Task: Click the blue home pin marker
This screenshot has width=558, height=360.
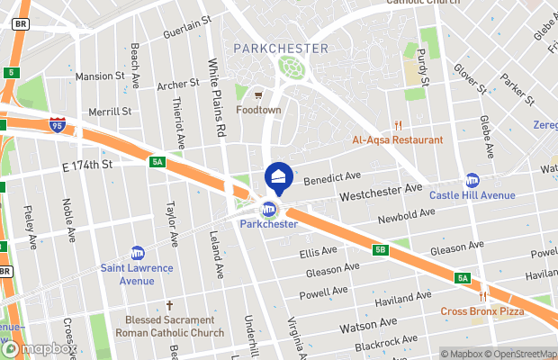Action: pos(278,176)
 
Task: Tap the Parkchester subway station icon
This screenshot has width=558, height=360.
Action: pos(268,210)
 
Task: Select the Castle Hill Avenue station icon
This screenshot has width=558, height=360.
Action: pos(472,180)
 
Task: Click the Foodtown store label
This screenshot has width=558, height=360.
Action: pos(258,110)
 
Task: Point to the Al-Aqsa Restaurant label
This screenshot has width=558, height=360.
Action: pos(397,139)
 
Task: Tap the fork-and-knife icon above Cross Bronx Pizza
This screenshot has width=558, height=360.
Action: pos(484,296)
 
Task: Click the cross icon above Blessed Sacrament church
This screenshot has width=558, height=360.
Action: pos(169,305)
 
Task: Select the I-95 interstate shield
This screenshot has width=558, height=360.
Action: pos(58,127)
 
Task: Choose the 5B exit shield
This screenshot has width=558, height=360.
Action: pos(381,250)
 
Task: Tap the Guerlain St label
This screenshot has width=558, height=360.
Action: pos(186,27)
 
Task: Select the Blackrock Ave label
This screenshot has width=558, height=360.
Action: pos(386,342)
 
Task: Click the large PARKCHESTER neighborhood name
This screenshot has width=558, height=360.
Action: pos(280,48)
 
